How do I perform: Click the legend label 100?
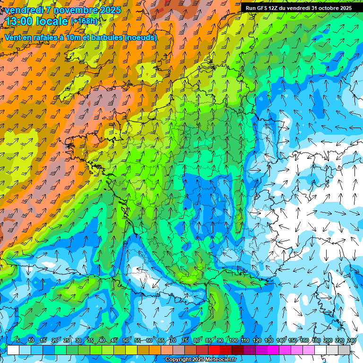[233, 340]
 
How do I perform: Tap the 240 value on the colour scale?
[351, 340]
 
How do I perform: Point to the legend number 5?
[18, 340]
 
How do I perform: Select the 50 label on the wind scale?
[125, 340]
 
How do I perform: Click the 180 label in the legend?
[316, 340]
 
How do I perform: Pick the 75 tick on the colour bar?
[185, 340]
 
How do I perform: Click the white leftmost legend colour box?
[13, 350]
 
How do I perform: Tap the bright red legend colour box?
[214, 350]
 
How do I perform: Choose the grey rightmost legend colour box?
[345, 350]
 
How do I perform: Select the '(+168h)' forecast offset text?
[84, 21]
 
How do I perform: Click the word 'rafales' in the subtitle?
[44, 37]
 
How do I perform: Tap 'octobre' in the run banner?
[326, 8]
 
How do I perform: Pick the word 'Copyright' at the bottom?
[178, 360]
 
